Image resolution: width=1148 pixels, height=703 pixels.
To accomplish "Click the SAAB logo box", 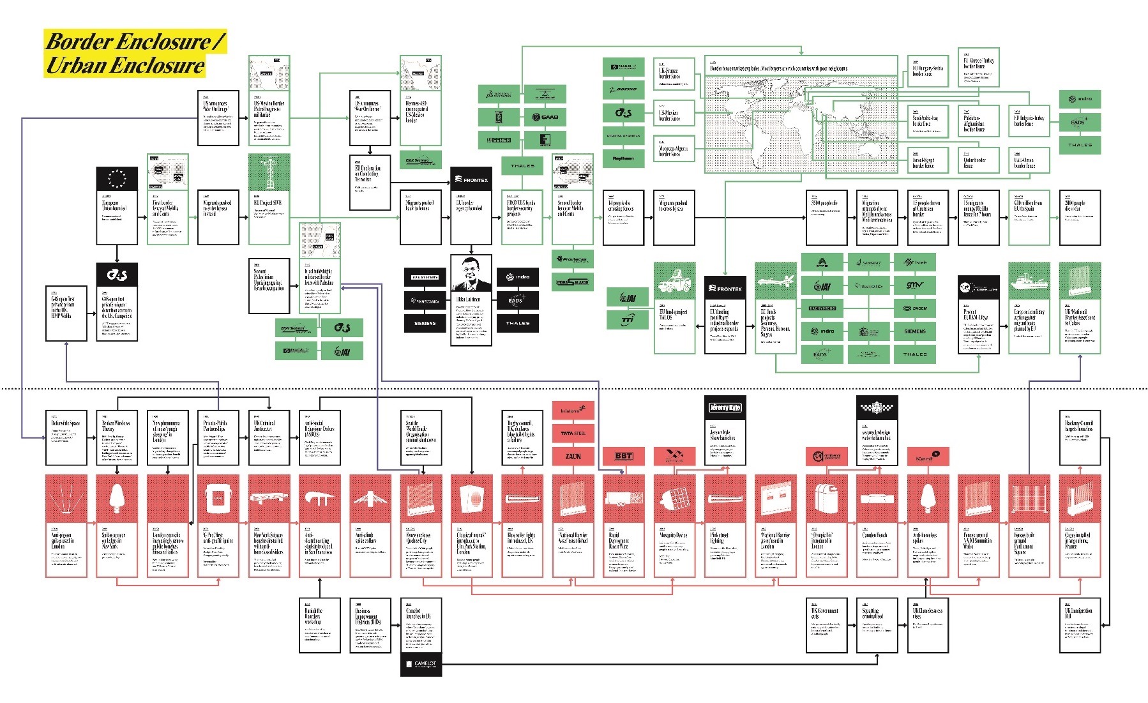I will (545, 117).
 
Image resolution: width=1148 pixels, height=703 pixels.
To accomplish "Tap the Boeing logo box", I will (623, 89).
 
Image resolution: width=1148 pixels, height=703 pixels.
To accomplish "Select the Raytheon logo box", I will (623, 158).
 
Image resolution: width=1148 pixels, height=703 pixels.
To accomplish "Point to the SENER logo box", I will (499, 140).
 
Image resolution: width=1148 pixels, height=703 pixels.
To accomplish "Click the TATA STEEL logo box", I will (573, 434).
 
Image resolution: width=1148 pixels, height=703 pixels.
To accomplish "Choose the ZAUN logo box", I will (573, 456).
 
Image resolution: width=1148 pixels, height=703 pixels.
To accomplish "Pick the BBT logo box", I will (623, 456).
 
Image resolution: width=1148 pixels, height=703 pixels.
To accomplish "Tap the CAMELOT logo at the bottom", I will (421, 664).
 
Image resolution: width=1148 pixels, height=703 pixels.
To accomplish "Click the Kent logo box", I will (928, 457).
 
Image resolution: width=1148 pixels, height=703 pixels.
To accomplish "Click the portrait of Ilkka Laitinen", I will (471, 273).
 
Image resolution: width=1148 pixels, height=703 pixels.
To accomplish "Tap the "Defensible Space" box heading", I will (66, 423).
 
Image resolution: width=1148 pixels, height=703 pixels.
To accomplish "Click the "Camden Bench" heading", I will (875, 535).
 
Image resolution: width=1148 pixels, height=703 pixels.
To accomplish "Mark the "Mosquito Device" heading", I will (674, 535).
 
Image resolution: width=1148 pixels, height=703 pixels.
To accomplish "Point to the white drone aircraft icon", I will (775, 281).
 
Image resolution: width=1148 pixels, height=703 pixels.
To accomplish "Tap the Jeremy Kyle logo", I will (725, 407).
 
